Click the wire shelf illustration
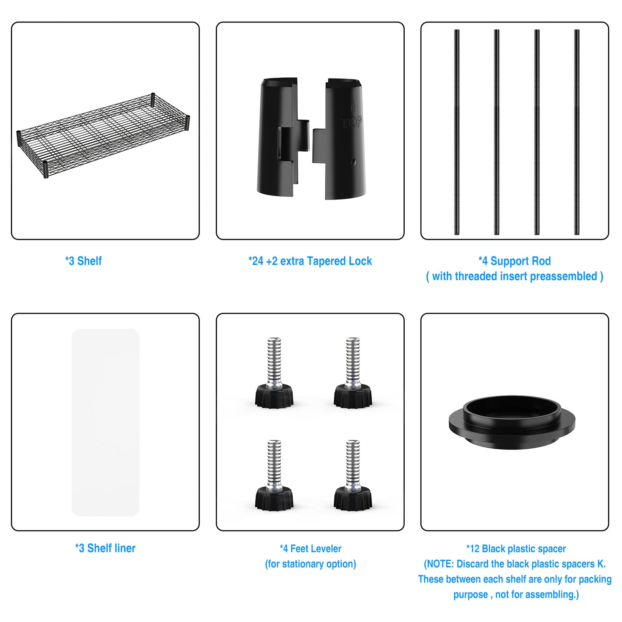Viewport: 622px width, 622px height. click(x=103, y=135)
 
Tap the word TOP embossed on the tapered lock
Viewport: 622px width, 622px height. click(x=351, y=122)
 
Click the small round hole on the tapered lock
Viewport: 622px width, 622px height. click(x=354, y=162)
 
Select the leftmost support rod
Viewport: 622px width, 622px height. click(x=457, y=132)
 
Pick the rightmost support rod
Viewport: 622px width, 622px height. click(x=577, y=132)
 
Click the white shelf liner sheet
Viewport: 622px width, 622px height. click(x=105, y=423)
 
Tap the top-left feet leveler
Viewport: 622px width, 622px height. click(x=274, y=373)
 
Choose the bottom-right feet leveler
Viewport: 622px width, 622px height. click(x=353, y=475)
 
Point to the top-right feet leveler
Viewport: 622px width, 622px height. click(x=353, y=373)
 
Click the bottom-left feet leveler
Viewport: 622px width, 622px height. click(x=274, y=475)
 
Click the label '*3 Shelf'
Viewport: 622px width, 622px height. click(x=84, y=261)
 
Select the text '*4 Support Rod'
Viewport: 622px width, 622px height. click(x=515, y=261)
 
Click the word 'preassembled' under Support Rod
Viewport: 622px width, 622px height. click(x=563, y=276)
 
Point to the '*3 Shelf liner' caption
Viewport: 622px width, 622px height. click(x=105, y=548)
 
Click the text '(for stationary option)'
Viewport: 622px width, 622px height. click(x=311, y=564)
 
